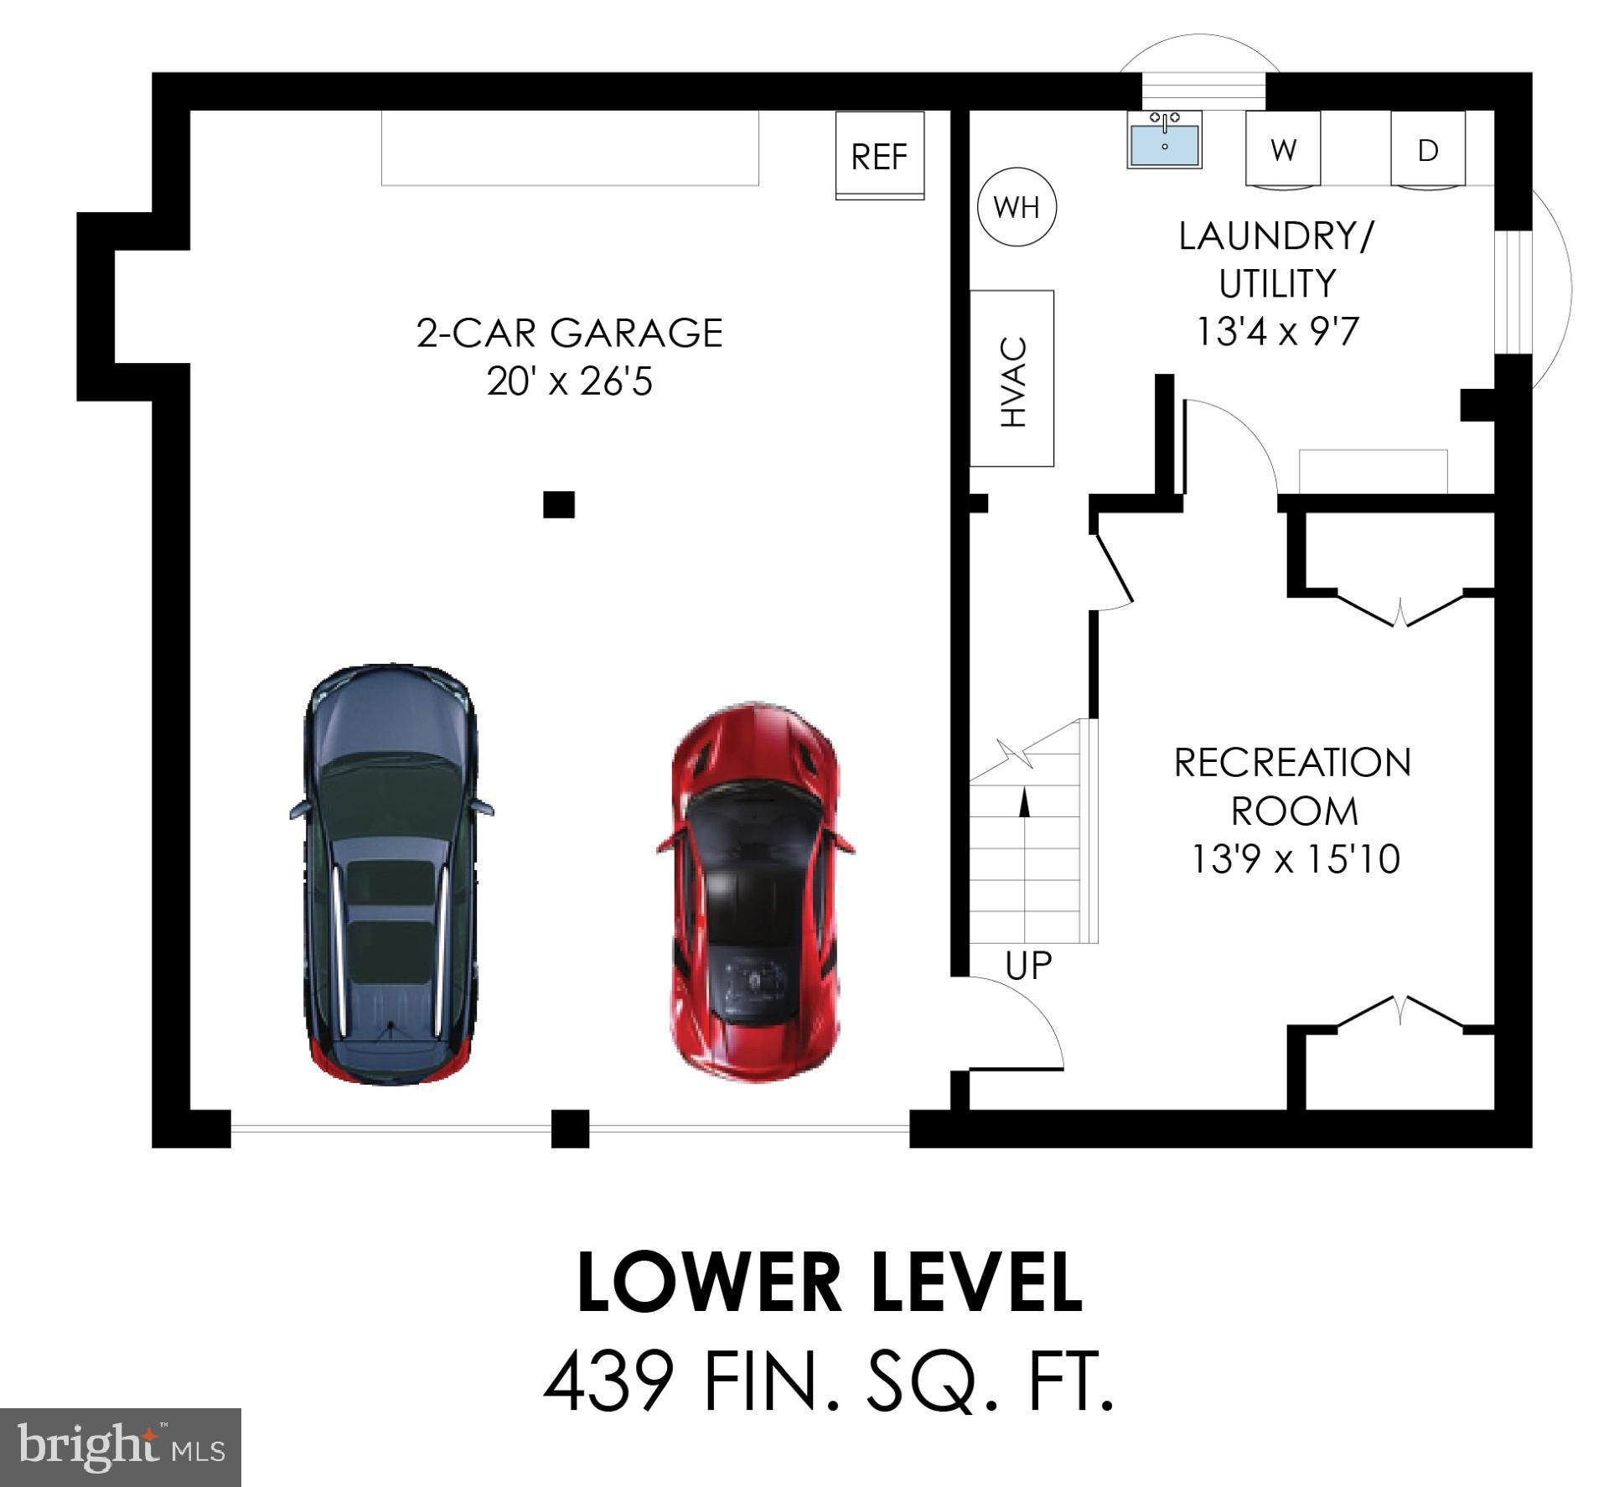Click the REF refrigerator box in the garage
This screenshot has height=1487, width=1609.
(879, 156)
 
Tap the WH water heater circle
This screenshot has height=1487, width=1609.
(1017, 207)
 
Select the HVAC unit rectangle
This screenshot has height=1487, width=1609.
(1011, 379)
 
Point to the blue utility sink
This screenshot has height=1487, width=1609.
(1164, 140)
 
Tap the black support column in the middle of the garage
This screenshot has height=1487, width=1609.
(559, 505)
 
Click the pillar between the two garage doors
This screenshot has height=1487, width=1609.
(570, 1127)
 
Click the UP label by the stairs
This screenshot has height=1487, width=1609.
(1027, 966)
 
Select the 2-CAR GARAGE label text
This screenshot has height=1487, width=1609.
(569, 333)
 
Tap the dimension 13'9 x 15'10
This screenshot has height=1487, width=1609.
(1296, 859)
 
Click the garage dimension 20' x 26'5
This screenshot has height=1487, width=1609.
(569, 382)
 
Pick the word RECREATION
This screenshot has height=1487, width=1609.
(1292, 763)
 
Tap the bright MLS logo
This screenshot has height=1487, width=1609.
(121, 1448)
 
